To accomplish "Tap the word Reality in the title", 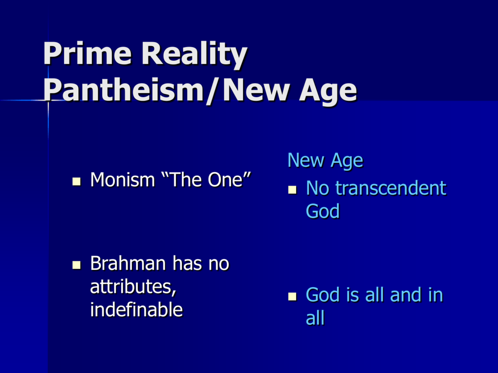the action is tap(194, 55).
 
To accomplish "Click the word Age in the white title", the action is tap(328, 92).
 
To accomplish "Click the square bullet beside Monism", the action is tap(76, 182).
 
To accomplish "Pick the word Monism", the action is tap(122, 180).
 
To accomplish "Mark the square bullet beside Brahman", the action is tap(76, 265).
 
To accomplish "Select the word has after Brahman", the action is tap(187, 263).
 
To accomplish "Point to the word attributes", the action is tap(133, 287).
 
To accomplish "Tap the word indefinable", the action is tap(137, 309).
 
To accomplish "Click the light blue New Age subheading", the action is tap(325, 160).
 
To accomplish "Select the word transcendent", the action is tap(391, 188).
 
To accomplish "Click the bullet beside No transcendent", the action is tap(292, 190).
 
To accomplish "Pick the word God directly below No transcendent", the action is tap(323, 211).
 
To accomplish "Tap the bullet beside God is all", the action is tap(292, 296).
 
